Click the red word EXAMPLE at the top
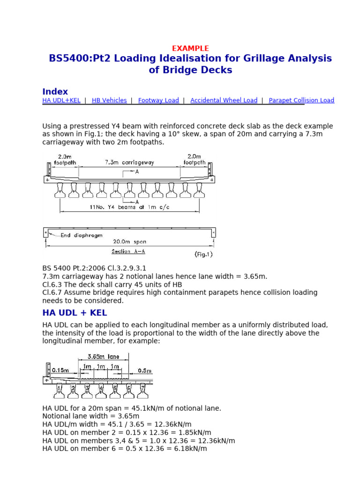click(190, 48)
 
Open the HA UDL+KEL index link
click(61, 100)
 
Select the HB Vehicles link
click(109, 100)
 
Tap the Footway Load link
click(158, 100)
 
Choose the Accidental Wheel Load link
click(224, 100)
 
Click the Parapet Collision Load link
click(301, 100)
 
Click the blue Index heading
click(55, 91)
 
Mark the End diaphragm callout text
click(81, 235)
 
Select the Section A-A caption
click(128, 252)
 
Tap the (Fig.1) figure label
click(203, 255)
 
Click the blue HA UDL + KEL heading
click(75, 312)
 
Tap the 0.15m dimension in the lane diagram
click(60, 370)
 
